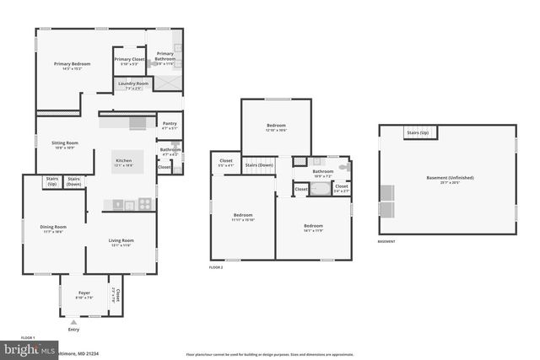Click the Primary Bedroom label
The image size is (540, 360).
(73, 66)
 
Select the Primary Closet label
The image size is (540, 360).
(130, 61)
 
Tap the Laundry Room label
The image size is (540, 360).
(133, 85)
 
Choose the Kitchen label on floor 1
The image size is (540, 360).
(124, 162)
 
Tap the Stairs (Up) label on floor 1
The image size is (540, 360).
(52, 180)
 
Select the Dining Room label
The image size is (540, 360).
(53, 228)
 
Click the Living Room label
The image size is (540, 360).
(121, 243)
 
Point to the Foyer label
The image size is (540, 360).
(84, 295)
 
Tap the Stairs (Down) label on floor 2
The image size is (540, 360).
(258, 165)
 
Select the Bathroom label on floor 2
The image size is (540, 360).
(323, 173)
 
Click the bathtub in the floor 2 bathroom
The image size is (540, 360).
(321, 189)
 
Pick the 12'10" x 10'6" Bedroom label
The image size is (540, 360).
(277, 127)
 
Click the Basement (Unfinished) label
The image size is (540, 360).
(450, 180)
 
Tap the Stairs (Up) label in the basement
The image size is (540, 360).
(418, 133)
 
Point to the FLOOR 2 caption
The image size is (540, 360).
(217, 267)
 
